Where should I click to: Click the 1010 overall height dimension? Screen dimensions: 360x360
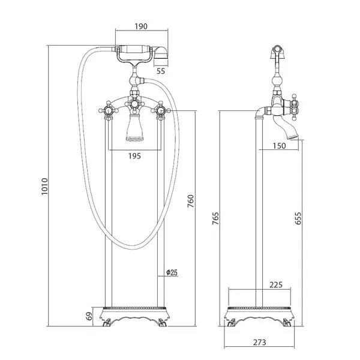point(44,187)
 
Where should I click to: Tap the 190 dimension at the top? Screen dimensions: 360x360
point(141,26)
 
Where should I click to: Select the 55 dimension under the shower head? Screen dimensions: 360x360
point(161,71)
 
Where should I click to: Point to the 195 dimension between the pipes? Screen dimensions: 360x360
point(134,156)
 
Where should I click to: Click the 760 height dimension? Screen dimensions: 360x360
point(191,201)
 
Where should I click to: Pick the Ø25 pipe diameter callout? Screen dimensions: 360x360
point(172,272)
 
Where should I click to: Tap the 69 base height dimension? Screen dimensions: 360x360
point(89,316)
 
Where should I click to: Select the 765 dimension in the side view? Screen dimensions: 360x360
point(215,218)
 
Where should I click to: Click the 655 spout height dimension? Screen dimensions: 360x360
point(298,218)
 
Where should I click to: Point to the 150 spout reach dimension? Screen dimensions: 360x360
point(279,146)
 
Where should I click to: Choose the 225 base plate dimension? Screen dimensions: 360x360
point(276,284)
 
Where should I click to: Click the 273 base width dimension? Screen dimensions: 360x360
point(260,343)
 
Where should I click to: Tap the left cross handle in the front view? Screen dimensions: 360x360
point(109,110)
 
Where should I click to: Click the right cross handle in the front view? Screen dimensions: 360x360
point(160,110)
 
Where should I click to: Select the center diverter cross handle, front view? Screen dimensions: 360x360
point(134,104)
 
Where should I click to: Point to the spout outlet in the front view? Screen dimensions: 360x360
point(135,139)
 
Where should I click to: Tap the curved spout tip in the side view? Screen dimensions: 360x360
point(293,137)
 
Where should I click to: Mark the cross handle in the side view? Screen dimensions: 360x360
point(295,107)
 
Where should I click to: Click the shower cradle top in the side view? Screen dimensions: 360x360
point(278,52)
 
